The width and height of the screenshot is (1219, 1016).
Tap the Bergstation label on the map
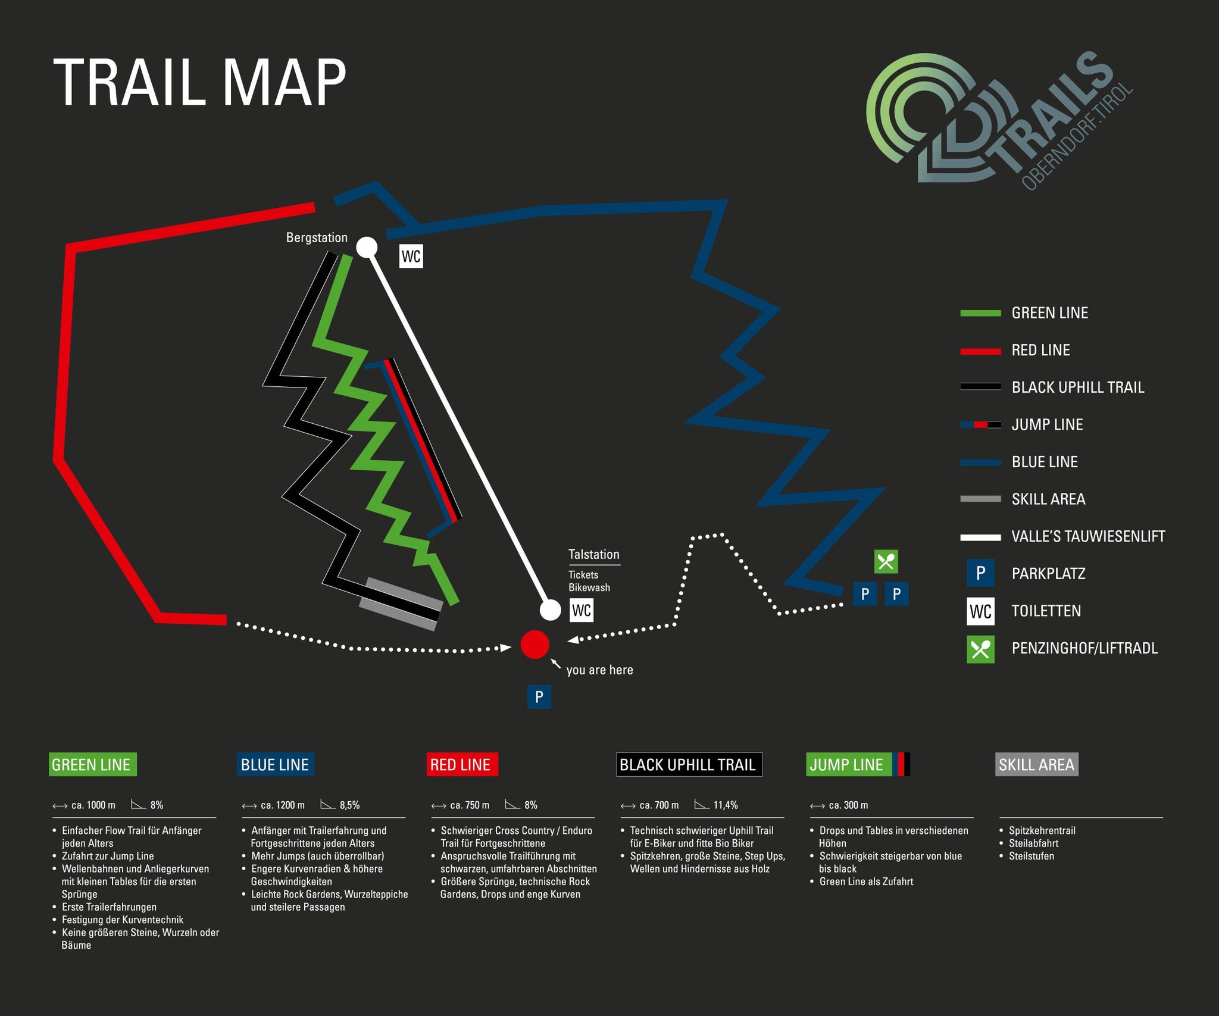click(x=317, y=237)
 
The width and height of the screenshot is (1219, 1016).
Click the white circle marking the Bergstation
click(x=366, y=246)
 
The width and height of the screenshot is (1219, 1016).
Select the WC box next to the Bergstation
click(x=411, y=257)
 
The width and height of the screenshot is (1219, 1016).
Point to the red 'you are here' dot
click(x=535, y=644)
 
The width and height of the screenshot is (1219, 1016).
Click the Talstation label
click(x=593, y=554)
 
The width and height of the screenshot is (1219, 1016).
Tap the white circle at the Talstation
click(x=550, y=610)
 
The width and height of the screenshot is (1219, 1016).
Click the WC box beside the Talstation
click(x=582, y=610)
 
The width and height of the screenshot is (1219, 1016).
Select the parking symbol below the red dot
click(x=539, y=696)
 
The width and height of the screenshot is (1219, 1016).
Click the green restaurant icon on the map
click(x=886, y=561)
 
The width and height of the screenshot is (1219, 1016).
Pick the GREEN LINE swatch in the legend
click(x=980, y=313)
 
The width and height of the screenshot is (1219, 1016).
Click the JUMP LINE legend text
click(x=1047, y=424)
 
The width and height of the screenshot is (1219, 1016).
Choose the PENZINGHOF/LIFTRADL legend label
click(x=1084, y=648)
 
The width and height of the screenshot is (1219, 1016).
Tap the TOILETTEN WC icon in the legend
click(x=980, y=611)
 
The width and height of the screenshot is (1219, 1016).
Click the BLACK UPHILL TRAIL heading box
click(x=689, y=765)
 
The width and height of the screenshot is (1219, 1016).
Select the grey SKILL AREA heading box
click(x=1037, y=765)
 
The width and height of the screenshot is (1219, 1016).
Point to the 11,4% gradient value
click(x=726, y=805)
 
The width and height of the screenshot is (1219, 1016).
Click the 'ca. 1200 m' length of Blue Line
click(x=282, y=805)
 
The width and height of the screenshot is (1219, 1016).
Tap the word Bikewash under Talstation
click(x=589, y=587)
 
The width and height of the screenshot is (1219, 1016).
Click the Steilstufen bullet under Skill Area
click(x=1032, y=856)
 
